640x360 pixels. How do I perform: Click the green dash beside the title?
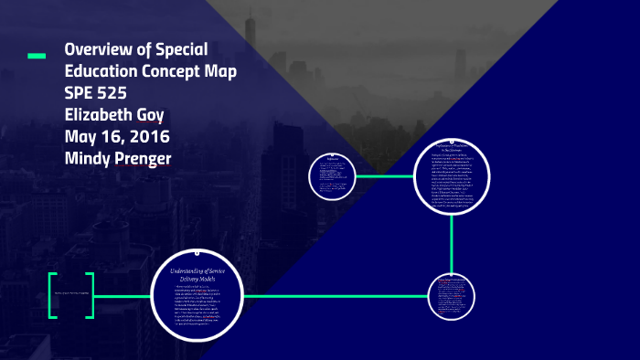(x=37, y=57)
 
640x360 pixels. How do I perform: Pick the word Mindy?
(x=89, y=158)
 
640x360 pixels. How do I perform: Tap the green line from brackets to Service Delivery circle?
(x=122, y=295)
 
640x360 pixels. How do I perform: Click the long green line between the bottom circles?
(x=334, y=295)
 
